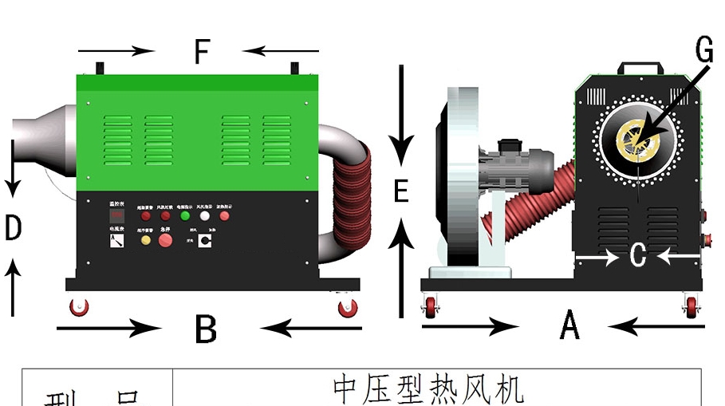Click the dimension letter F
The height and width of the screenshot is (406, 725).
tap(201, 53)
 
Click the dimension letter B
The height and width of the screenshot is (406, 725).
tap(206, 328)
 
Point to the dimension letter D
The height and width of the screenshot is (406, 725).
tap(13, 229)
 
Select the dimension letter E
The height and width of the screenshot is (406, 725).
tap(401, 191)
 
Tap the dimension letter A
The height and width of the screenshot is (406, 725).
tap(569, 325)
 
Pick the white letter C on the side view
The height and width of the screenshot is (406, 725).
tap(637, 256)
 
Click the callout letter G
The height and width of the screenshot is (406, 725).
tap(703, 51)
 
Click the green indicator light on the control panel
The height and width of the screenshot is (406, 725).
tap(185, 215)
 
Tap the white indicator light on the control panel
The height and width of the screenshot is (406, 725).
tap(205, 215)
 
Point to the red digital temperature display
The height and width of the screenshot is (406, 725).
tap(116, 216)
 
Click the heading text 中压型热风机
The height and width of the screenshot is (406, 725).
tap(428, 389)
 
